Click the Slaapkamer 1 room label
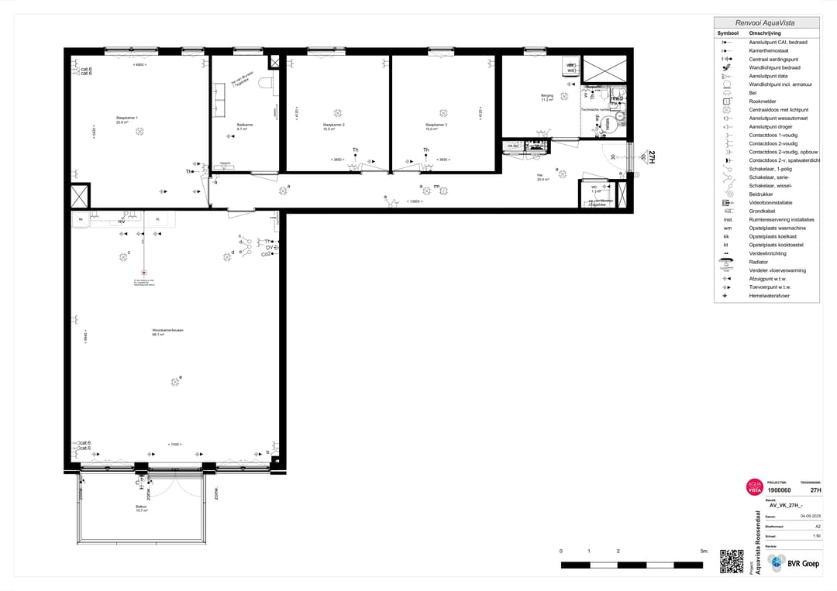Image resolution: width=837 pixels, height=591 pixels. [x=127, y=118]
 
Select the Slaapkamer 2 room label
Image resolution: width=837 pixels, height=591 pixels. [x=334, y=125]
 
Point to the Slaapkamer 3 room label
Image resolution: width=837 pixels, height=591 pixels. [x=436, y=125]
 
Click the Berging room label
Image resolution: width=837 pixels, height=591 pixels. [x=547, y=96]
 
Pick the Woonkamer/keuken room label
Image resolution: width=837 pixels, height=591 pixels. [x=168, y=331]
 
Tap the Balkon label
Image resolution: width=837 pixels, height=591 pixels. [x=141, y=507]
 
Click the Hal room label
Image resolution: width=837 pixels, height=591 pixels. [x=540, y=176]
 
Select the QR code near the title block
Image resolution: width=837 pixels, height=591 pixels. [x=731, y=561]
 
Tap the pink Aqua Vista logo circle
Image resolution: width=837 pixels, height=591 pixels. [x=754, y=486]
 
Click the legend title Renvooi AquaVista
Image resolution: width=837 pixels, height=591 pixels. [x=765, y=23]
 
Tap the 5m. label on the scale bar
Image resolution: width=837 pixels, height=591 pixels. [x=704, y=551]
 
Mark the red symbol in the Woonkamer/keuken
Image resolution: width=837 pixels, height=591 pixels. [x=144, y=272]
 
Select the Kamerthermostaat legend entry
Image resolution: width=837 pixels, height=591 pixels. [x=770, y=50]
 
